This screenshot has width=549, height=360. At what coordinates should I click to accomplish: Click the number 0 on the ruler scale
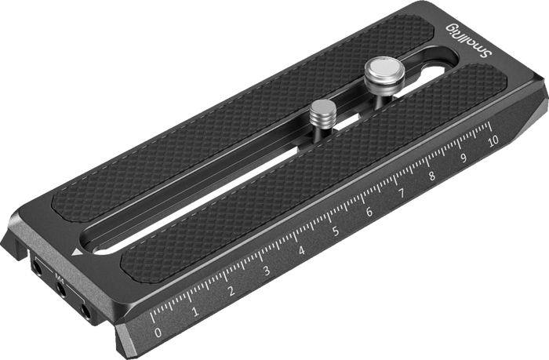(158, 333)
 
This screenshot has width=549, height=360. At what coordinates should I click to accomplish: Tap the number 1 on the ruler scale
(195, 311)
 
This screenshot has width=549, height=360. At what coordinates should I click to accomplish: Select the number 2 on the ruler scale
(231, 291)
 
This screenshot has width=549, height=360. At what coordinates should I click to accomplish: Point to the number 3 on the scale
(267, 271)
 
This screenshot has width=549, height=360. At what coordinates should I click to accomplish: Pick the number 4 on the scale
(301, 250)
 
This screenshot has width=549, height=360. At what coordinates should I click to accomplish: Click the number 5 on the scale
(336, 231)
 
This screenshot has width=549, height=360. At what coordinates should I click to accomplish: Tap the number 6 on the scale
(369, 212)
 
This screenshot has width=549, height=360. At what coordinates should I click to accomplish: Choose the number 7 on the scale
(402, 193)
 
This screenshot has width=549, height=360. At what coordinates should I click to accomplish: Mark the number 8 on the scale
(433, 175)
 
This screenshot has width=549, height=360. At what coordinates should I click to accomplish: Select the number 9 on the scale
(464, 158)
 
